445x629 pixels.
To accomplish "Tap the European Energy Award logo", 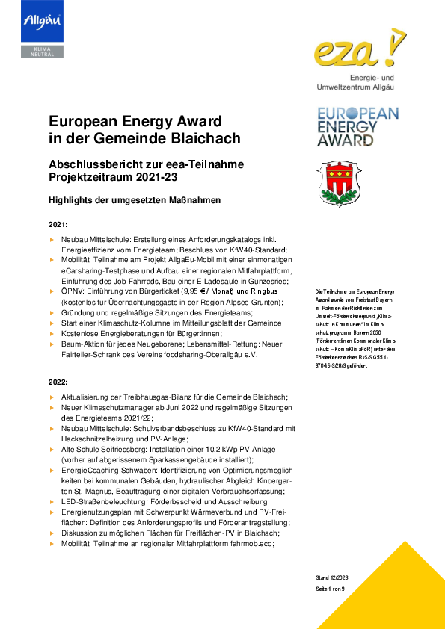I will pyautogui.click(x=357, y=126).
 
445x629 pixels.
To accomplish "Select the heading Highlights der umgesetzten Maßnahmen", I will pyautogui.click(x=135, y=200).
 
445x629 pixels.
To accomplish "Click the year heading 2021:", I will pyautogui.click(x=58, y=224).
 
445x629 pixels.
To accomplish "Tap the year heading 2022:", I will pyautogui.click(x=58, y=382).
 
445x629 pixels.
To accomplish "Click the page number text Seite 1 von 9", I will pyautogui.click(x=331, y=589).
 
